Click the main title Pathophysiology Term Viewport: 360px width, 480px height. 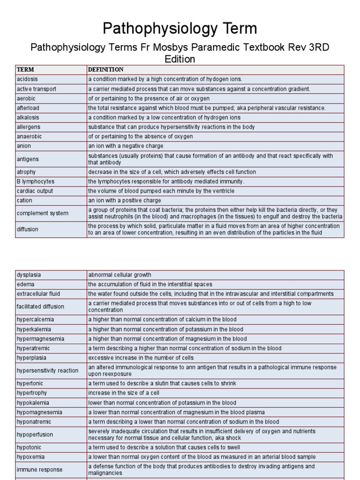(180, 29)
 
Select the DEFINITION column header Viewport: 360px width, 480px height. (106, 70)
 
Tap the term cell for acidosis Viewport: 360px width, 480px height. (27, 79)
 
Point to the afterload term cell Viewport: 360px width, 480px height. (28, 108)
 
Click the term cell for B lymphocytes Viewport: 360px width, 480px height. (36, 181)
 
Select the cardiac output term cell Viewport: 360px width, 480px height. (35, 191)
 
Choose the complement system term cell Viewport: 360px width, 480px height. (42, 213)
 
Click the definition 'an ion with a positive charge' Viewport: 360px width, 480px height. (126, 201)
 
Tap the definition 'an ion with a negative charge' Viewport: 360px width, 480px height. (127, 146)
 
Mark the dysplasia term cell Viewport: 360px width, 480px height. (29, 275)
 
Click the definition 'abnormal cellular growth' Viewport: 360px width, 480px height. (120, 275)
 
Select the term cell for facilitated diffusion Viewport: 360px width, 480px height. (40, 307)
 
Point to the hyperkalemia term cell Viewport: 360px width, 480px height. (34, 329)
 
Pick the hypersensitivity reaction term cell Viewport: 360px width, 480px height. (47, 370)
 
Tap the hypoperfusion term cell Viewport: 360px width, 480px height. (35, 435)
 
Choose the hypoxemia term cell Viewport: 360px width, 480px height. (31, 457)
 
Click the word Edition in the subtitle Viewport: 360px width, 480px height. (180, 59)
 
